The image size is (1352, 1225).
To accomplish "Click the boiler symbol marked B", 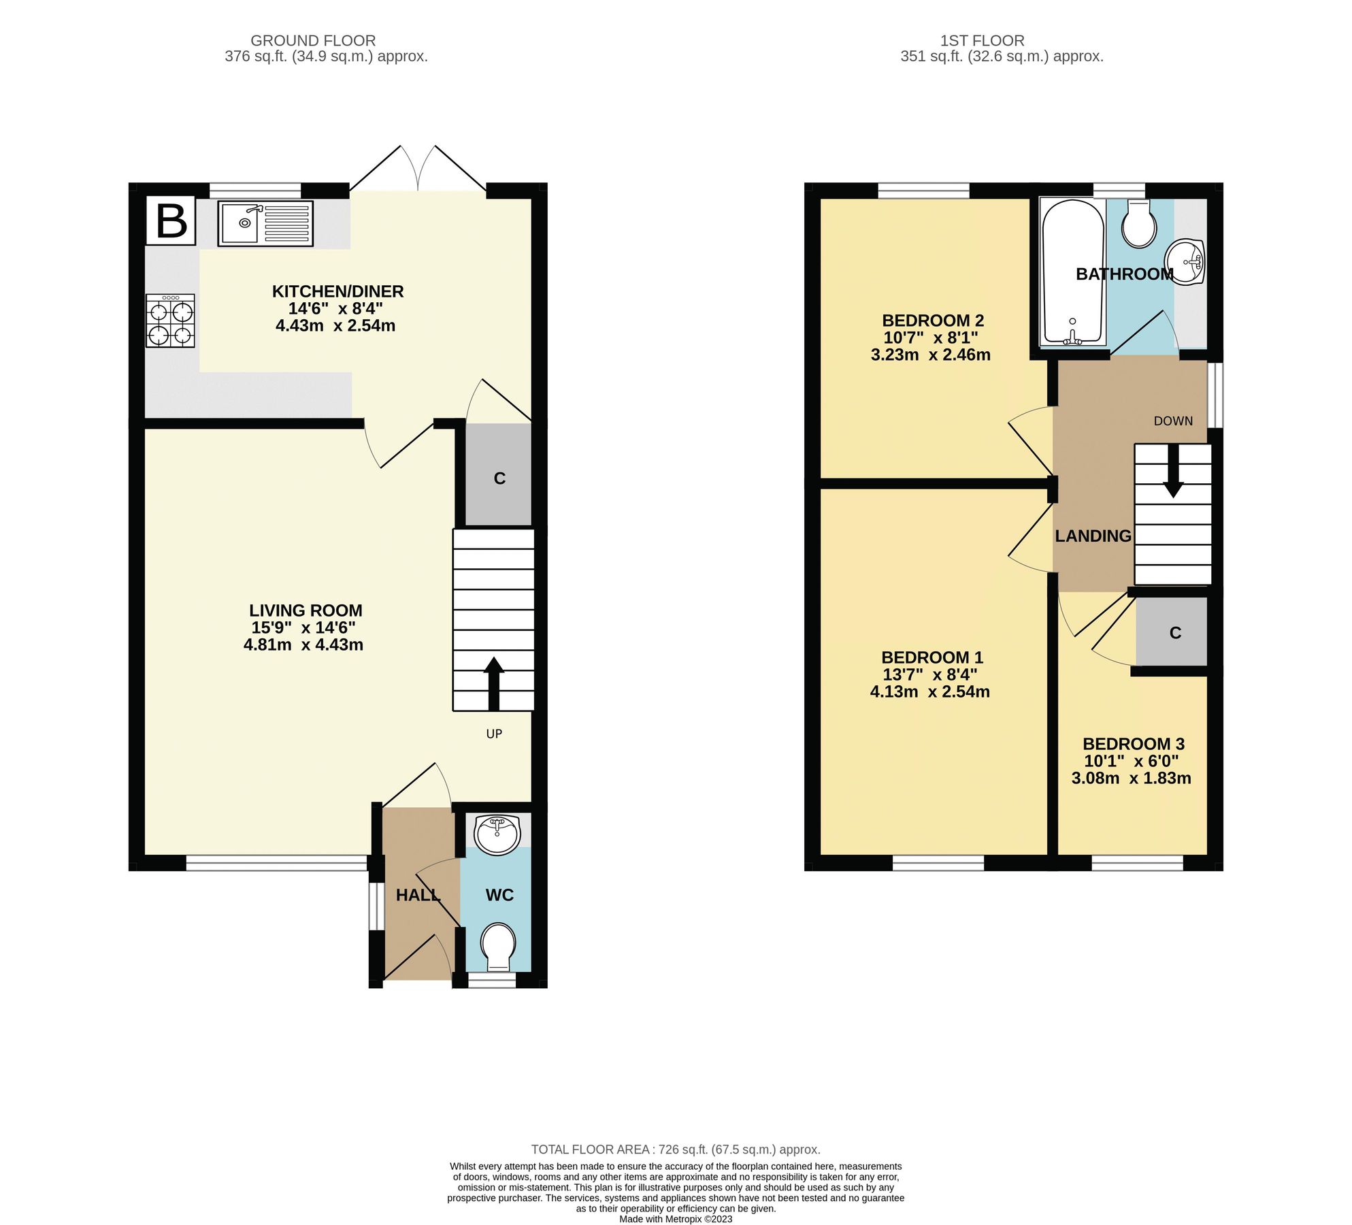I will click(x=171, y=220).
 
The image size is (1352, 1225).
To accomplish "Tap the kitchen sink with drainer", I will click(x=265, y=223).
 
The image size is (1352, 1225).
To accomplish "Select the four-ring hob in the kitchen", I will click(x=170, y=321).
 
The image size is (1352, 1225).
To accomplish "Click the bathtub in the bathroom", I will click(x=1072, y=272).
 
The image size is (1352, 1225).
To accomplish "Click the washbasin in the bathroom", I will click(x=1185, y=261).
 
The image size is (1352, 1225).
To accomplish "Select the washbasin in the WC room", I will click(x=497, y=835).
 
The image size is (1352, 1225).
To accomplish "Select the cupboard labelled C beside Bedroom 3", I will click(x=1174, y=633).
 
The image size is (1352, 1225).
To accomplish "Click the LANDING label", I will click(x=1093, y=536).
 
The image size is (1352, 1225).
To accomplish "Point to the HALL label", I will click(x=418, y=895).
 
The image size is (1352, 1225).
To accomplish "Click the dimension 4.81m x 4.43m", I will click(x=303, y=644).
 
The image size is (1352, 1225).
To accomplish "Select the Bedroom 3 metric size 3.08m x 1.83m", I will click(x=1131, y=779).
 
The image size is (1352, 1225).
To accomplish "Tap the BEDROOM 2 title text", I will click(x=933, y=320).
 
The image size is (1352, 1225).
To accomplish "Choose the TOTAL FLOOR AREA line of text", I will click(x=675, y=1149).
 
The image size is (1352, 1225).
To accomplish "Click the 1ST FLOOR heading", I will click(x=982, y=41).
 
